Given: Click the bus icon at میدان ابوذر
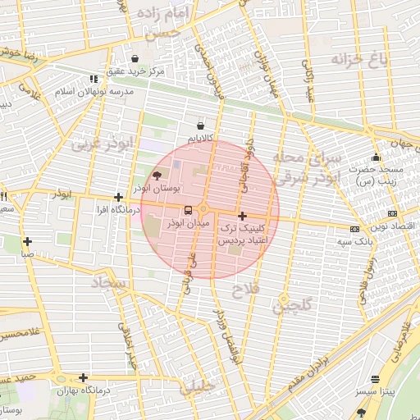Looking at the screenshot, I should [x=188, y=209].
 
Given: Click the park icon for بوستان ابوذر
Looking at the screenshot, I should [x=157, y=175].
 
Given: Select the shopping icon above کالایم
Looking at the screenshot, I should [x=201, y=126].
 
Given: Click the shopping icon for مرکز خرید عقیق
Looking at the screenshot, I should [x=134, y=58].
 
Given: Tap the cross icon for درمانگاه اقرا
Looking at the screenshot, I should [x=119, y=197].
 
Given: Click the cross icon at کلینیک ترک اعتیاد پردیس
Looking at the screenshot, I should [x=242, y=216].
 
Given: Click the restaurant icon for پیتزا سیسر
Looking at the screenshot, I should [x=376, y=380].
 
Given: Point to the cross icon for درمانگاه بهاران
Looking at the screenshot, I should [x=83, y=378].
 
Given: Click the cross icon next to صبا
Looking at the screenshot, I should [x=28, y=241].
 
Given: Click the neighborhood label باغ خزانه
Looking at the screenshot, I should [x=359, y=59].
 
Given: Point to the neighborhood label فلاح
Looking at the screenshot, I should [x=245, y=290].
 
